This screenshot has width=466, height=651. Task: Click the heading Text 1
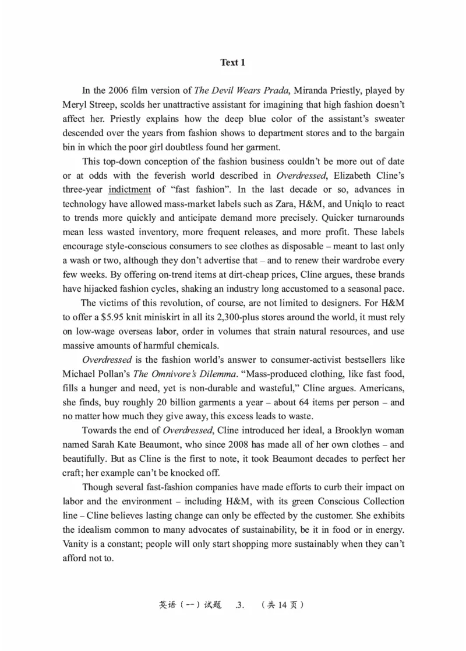click(233, 62)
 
